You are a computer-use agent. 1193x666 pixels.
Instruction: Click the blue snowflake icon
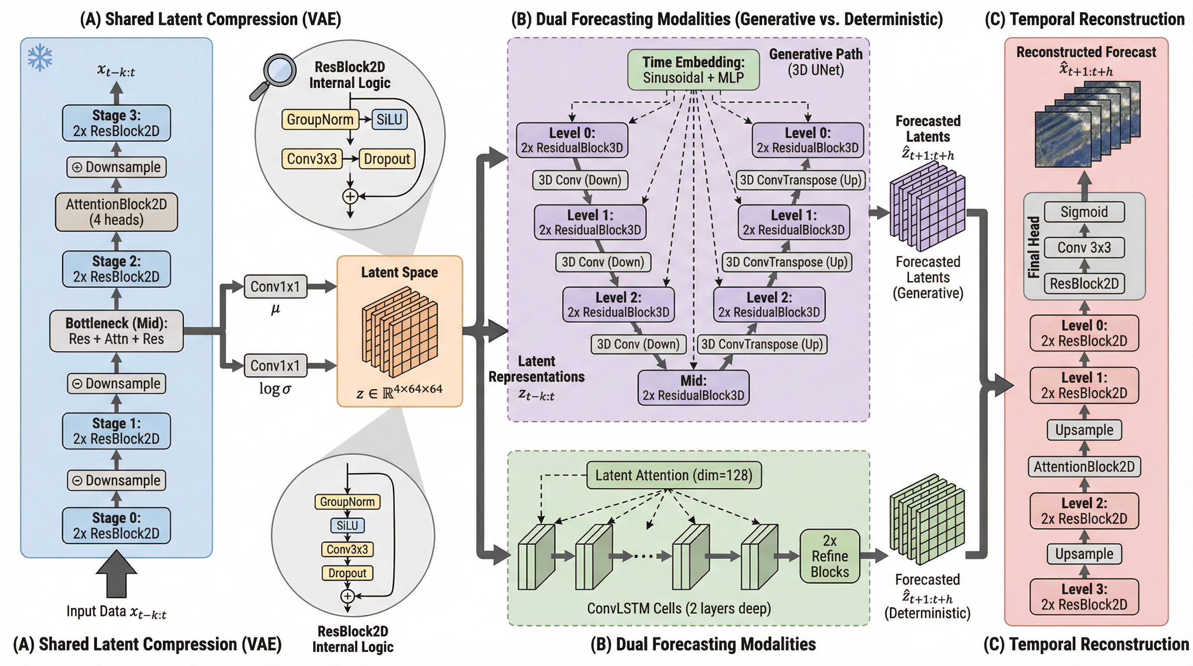[x=40, y=57]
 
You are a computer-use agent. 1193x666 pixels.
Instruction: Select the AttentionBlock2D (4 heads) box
[x=116, y=212]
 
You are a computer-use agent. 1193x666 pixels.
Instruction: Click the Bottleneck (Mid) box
[x=116, y=331]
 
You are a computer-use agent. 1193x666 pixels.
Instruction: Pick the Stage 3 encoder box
[x=116, y=123]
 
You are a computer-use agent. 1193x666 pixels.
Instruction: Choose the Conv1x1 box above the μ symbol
[x=275, y=287]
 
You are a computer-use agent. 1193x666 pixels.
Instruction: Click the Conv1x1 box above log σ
[x=275, y=366]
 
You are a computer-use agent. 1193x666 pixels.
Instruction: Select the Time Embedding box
[x=693, y=70]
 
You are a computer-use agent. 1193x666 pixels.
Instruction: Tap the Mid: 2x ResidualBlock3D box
[x=693, y=388]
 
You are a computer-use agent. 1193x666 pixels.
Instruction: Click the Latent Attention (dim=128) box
[x=673, y=475]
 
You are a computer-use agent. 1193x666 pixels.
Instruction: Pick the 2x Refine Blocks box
[x=829, y=556]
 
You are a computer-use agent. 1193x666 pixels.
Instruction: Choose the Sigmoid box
[x=1084, y=212]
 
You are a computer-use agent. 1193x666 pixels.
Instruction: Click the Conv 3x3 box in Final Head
[x=1084, y=248]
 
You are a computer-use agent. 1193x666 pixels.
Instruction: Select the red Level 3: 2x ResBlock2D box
[x=1084, y=597]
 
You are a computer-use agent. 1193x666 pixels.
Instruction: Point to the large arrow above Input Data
[x=116, y=573]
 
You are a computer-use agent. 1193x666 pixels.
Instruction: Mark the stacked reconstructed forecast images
[x=1086, y=125]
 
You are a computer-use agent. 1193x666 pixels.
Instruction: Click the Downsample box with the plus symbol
[x=116, y=167]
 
